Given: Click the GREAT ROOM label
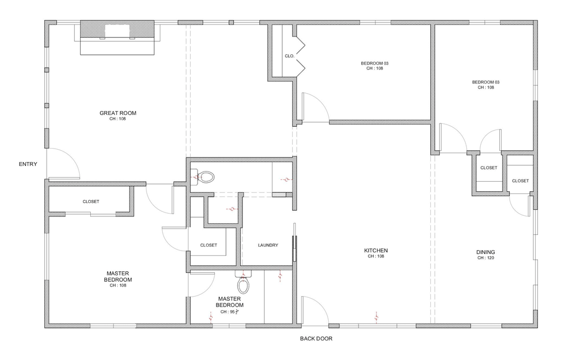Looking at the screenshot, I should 118,113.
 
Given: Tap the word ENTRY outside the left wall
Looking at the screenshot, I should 28,164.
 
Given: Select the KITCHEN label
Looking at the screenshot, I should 376,251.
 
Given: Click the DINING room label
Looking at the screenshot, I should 486,252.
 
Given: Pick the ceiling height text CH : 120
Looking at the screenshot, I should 486,259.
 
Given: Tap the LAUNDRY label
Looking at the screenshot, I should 268,245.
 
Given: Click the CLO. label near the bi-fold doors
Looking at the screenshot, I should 289,56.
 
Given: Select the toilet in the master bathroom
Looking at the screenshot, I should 243,285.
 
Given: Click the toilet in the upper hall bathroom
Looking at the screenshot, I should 206,178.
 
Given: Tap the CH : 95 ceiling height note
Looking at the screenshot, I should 230,312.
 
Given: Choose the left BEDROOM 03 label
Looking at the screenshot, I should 374,63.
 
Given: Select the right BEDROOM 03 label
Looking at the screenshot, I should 485,82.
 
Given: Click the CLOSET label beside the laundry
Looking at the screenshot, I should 208,245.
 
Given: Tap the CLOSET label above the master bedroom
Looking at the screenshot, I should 91,201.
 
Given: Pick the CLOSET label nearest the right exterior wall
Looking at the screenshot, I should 520,181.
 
